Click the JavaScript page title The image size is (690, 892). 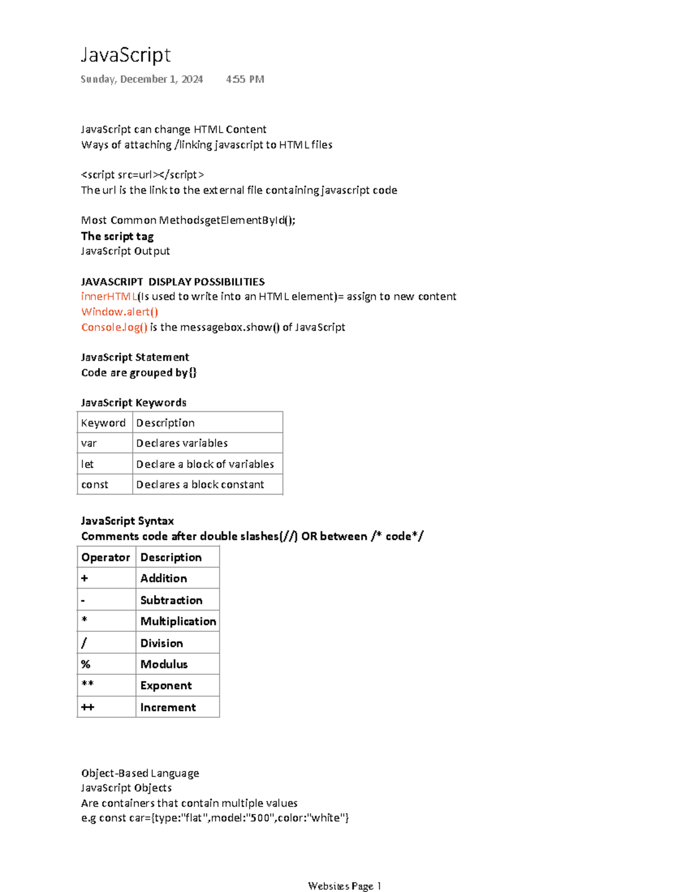(125, 55)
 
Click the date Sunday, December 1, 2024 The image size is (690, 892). (141, 79)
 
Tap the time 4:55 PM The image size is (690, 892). (245, 79)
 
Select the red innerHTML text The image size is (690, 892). (109, 296)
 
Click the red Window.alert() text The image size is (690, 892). (120, 312)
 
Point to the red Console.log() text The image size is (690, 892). (114, 327)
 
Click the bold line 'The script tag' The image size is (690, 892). (117, 236)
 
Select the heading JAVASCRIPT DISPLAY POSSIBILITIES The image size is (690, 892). (172, 281)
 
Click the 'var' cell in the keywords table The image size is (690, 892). (89, 443)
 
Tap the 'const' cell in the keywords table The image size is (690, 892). (95, 485)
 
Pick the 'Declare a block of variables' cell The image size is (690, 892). (205, 464)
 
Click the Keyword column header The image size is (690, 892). (103, 423)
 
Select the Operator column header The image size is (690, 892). (106, 557)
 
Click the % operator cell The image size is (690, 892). (86, 664)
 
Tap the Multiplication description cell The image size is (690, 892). (178, 621)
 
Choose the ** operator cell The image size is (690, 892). (87, 685)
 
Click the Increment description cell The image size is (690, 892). (168, 707)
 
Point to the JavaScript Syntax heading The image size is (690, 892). (128, 521)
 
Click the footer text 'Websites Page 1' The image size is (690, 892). (344, 886)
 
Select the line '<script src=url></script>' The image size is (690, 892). (143, 175)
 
